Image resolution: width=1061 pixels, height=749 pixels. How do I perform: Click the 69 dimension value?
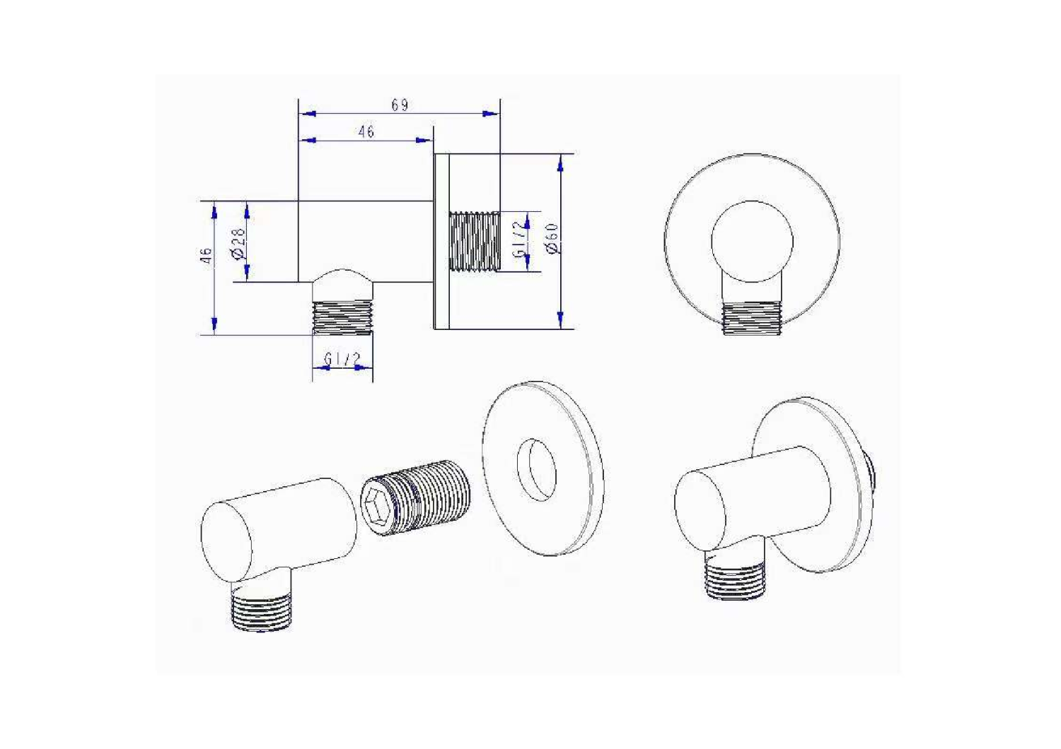(x=400, y=105)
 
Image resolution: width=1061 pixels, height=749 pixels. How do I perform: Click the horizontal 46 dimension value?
(x=366, y=131)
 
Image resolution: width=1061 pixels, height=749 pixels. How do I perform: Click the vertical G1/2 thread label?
(x=520, y=240)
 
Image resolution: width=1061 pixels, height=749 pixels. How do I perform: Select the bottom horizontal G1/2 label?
(x=342, y=359)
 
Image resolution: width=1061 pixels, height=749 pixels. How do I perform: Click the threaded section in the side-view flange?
(x=475, y=242)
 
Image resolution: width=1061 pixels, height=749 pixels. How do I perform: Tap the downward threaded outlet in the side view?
(x=342, y=317)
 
